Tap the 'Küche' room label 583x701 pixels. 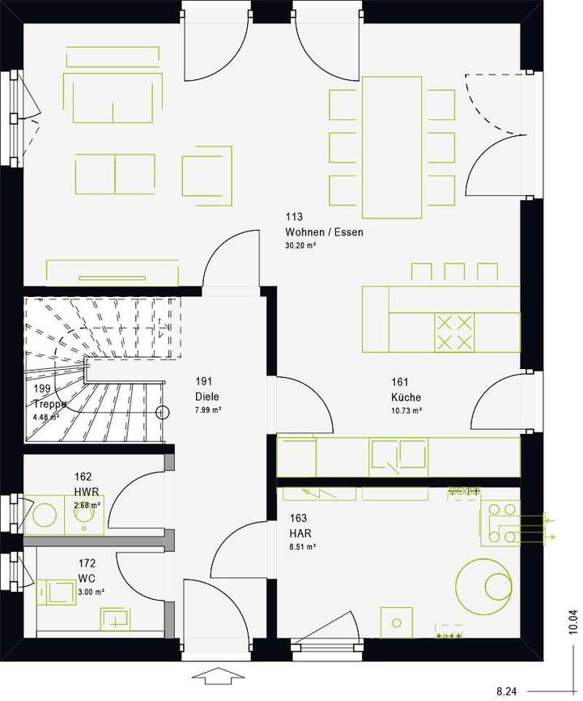click(x=406, y=397)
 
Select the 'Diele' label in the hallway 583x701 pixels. click(x=206, y=397)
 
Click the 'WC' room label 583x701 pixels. click(x=87, y=578)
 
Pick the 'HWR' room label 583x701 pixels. click(x=85, y=491)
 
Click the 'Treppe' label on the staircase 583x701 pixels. click(x=50, y=404)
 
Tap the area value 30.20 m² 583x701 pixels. click(x=300, y=245)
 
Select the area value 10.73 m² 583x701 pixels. click(x=406, y=410)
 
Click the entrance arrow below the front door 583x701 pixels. click(x=218, y=674)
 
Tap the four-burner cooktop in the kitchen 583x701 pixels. click(x=454, y=332)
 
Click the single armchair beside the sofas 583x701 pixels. click(x=207, y=175)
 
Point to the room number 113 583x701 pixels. click(x=293, y=217)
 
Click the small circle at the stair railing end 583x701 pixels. click(x=164, y=412)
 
